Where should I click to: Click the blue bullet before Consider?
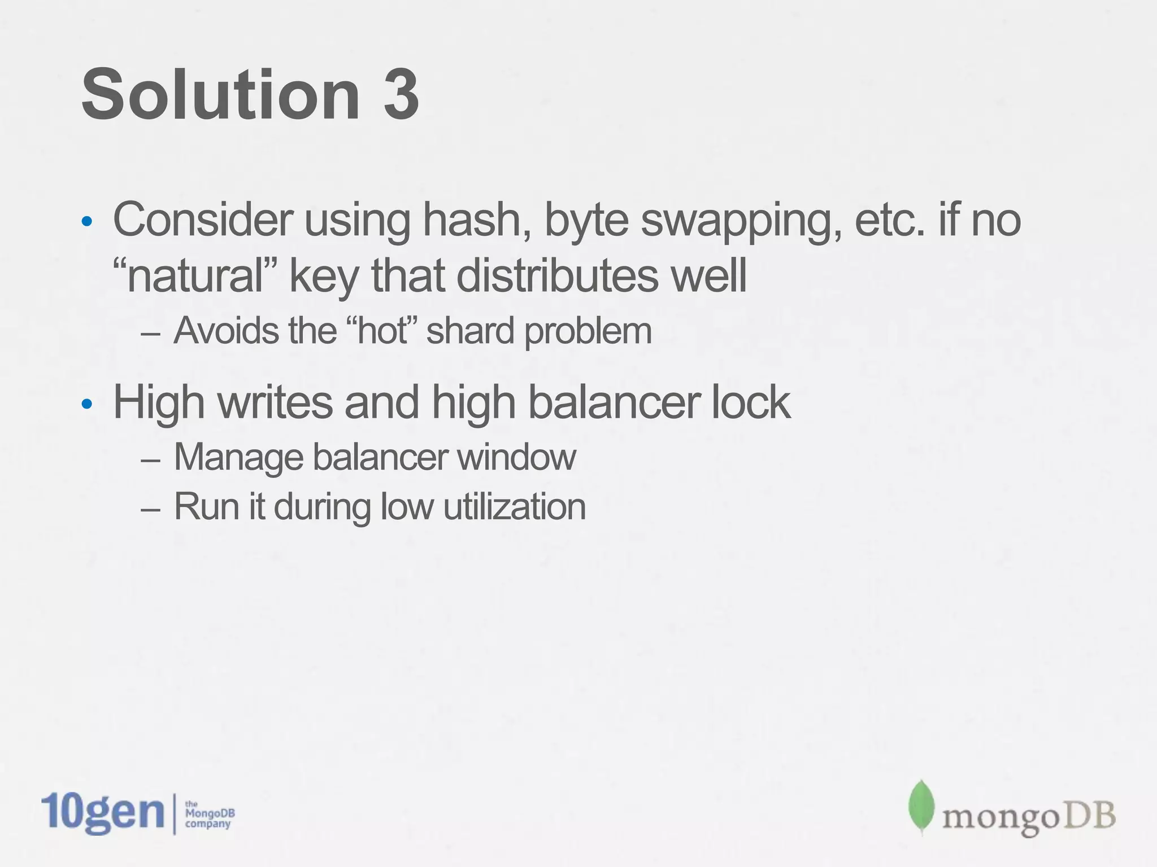click(x=86, y=221)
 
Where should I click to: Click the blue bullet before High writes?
click(x=86, y=404)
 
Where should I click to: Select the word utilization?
click(x=514, y=506)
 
